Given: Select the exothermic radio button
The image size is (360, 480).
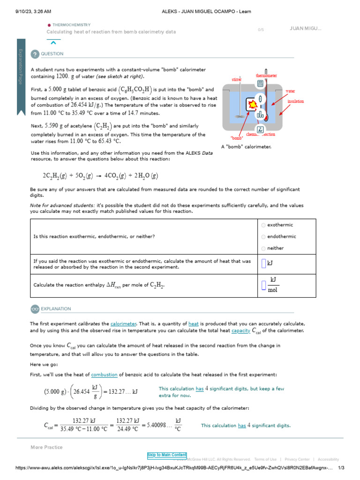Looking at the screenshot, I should click(264, 225).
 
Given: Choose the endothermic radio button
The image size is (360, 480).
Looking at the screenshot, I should click(264, 237).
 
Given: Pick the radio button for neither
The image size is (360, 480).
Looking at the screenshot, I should click(264, 248).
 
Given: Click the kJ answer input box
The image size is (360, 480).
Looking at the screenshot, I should click(264, 264).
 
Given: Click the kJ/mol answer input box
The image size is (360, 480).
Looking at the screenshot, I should click(264, 285).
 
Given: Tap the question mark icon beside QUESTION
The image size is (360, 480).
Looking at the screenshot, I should click(35, 54).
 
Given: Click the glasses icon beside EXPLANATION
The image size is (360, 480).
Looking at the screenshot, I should click(35, 309).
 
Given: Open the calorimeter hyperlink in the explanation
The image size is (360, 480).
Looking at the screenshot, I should click(123, 324).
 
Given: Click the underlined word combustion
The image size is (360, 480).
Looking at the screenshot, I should click(104, 375).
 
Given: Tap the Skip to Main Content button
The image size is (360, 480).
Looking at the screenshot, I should click(167, 455).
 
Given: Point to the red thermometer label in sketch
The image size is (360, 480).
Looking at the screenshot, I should click(266, 75).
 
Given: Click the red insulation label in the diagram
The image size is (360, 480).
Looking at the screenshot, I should click(295, 101).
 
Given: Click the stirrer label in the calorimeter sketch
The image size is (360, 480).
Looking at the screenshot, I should click(237, 80).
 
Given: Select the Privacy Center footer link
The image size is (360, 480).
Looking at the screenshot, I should click(297, 459).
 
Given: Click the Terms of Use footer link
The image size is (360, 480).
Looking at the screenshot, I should click(265, 459).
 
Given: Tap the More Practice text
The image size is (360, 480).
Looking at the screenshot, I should click(46, 447).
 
